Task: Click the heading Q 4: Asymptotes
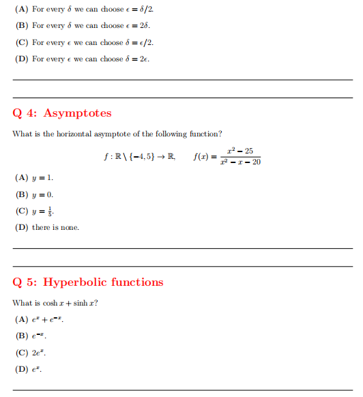(x=62, y=113)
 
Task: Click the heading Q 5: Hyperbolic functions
(x=88, y=282)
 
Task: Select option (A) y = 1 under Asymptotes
(x=33, y=178)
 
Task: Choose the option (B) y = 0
(x=33, y=194)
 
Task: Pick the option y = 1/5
(x=35, y=211)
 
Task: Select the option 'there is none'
(x=46, y=227)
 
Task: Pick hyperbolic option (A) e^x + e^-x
(x=40, y=320)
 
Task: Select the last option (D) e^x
(x=29, y=369)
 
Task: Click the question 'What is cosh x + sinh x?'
(x=55, y=303)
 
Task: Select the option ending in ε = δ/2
(x=83, y=10)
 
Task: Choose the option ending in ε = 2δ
(x=82, y=26)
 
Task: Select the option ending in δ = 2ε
(x=82, y=59)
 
